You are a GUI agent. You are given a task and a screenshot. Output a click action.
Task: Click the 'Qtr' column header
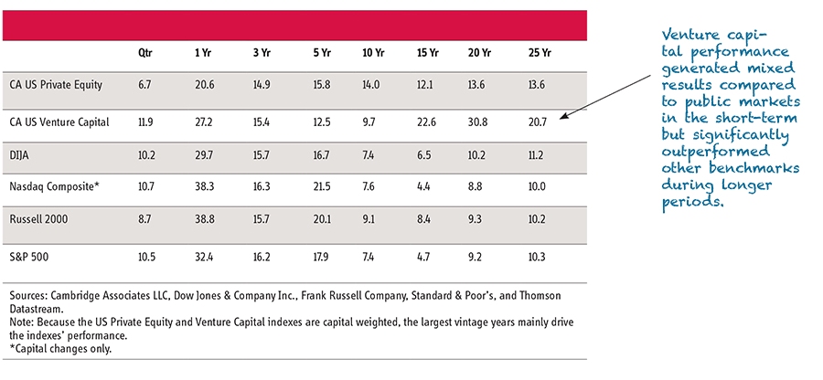(x=144, y=52)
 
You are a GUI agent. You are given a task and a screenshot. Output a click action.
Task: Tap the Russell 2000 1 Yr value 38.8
(x=206, y=220)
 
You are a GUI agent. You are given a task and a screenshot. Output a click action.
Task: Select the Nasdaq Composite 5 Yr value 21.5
(x=320, y=186)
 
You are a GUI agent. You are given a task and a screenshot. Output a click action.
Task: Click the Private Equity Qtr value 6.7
(x=144, y=84)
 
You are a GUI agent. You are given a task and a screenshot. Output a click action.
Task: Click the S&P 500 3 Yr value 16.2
(x=265, y=257)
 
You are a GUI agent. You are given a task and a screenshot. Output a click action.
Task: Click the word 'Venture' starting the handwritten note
(x=688, y=34)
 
